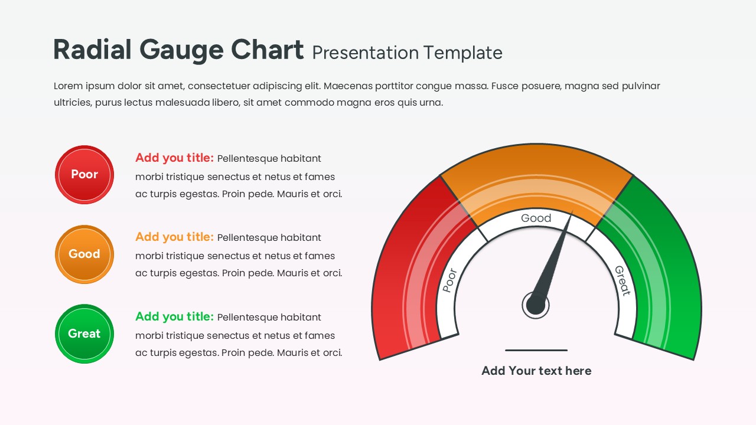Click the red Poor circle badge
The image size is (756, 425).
point(84,175)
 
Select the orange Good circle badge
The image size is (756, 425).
point(84,254)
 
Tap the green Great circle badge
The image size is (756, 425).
point(84,334)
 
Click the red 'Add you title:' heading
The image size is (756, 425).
point(174,158)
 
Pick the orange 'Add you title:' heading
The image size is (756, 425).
point(174,237)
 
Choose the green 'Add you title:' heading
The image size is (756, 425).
point(174,317)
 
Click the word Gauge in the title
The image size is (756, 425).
point(181,51)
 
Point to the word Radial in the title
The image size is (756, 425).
point(92,49)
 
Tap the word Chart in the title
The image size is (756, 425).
point(267,49)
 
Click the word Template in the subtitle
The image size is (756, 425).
point(463,53)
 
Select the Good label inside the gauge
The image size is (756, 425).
point(536,218)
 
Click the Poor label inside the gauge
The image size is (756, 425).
point(450,280)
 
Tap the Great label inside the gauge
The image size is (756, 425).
point(623,281)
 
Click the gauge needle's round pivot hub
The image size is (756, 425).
point(536,305)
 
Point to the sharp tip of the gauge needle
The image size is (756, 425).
point(572,211)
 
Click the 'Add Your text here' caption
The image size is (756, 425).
point(536,371)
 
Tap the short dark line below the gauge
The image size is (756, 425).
point(536,351)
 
